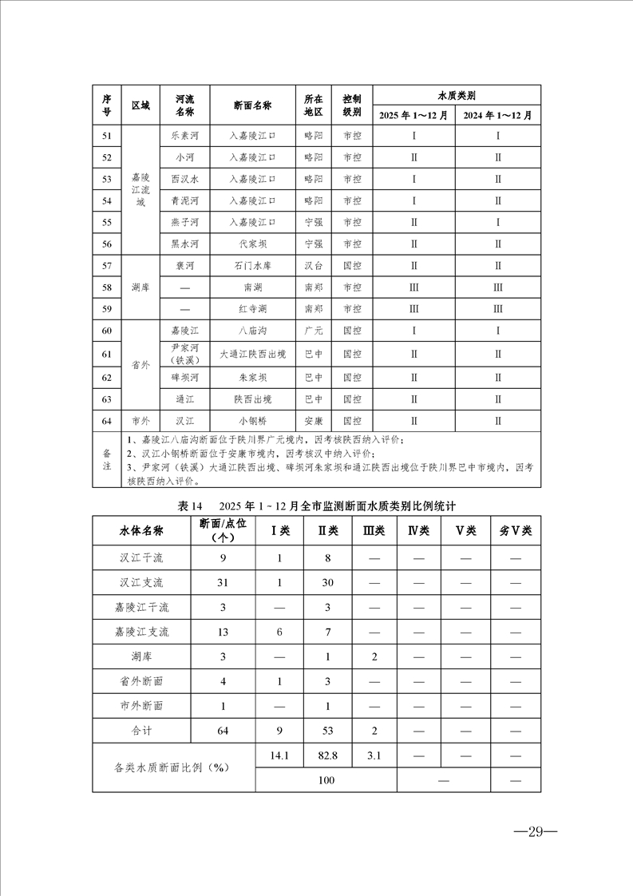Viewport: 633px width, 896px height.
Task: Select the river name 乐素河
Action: point(184,136)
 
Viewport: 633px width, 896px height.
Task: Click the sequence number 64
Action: point(107,421)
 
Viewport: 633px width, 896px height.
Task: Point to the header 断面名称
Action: point(253,105)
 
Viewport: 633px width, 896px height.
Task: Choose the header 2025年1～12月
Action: point(413,115)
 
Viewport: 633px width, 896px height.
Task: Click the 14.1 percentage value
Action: point(279,754)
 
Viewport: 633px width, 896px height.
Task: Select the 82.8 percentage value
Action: point(327,754)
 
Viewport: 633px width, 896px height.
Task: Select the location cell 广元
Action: point(314,331)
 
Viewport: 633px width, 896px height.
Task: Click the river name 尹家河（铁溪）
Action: point(184,352)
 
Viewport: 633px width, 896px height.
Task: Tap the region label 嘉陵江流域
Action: point(140,190)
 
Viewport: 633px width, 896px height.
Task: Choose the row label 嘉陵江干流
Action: point(144,607)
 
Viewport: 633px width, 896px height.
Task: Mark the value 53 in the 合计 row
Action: point(327,730)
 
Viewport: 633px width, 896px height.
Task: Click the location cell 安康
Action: point(314,421)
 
